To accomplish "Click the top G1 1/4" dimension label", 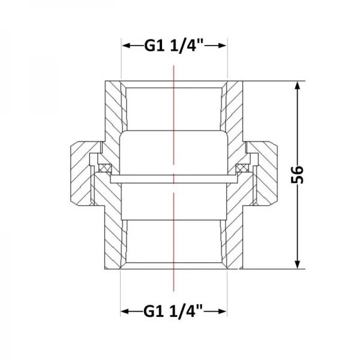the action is [x=174, y=46].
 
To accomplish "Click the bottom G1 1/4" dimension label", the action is [x=173, y=311].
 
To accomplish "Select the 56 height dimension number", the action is [x=297, y=175].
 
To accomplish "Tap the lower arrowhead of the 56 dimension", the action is [x=298, y=264].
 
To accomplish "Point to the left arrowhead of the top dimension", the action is [x=127, y=46].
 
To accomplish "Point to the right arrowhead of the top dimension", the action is [x=222, y=46].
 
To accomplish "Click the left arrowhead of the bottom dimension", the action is [x=125, y=311].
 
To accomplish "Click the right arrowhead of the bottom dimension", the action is [x=222, y=311].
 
